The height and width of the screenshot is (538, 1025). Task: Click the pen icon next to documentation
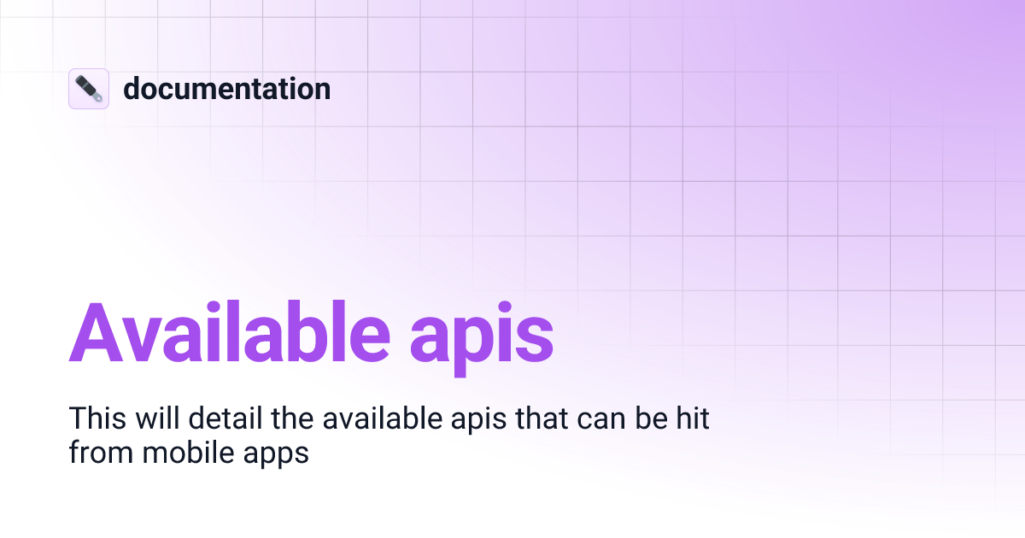tap(89, 89)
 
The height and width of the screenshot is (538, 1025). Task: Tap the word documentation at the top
tap(226, 89)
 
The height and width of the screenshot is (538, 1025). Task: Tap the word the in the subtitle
tap(280, 418)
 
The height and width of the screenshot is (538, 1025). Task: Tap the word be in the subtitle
tap(630, 418)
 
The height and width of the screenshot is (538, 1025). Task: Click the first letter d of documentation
tap(132, 89)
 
